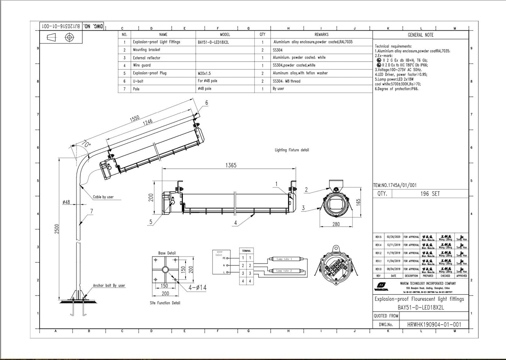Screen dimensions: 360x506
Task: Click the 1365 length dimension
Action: coord(230,165)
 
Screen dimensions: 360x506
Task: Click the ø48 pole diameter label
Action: coord(66,202)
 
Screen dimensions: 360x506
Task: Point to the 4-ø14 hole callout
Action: coord(197,288)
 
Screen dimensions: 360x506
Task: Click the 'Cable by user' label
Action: coord(103,197)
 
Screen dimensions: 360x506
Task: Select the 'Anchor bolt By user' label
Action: coord(109,285)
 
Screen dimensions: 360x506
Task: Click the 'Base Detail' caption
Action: coord(167,253)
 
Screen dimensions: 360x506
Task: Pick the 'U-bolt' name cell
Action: coord(138,81)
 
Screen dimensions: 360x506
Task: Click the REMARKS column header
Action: coord(321,34)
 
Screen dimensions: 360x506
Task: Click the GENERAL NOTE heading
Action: coord(420,35)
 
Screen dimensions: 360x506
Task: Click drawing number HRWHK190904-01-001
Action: coord(434,325)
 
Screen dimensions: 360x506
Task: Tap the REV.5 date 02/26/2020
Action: coord(393,237)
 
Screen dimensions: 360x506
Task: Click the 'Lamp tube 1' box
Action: coord(284,259)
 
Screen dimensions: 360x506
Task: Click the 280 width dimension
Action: coord(335,224)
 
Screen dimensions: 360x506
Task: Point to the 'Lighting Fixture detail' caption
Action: coord(292,150)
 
